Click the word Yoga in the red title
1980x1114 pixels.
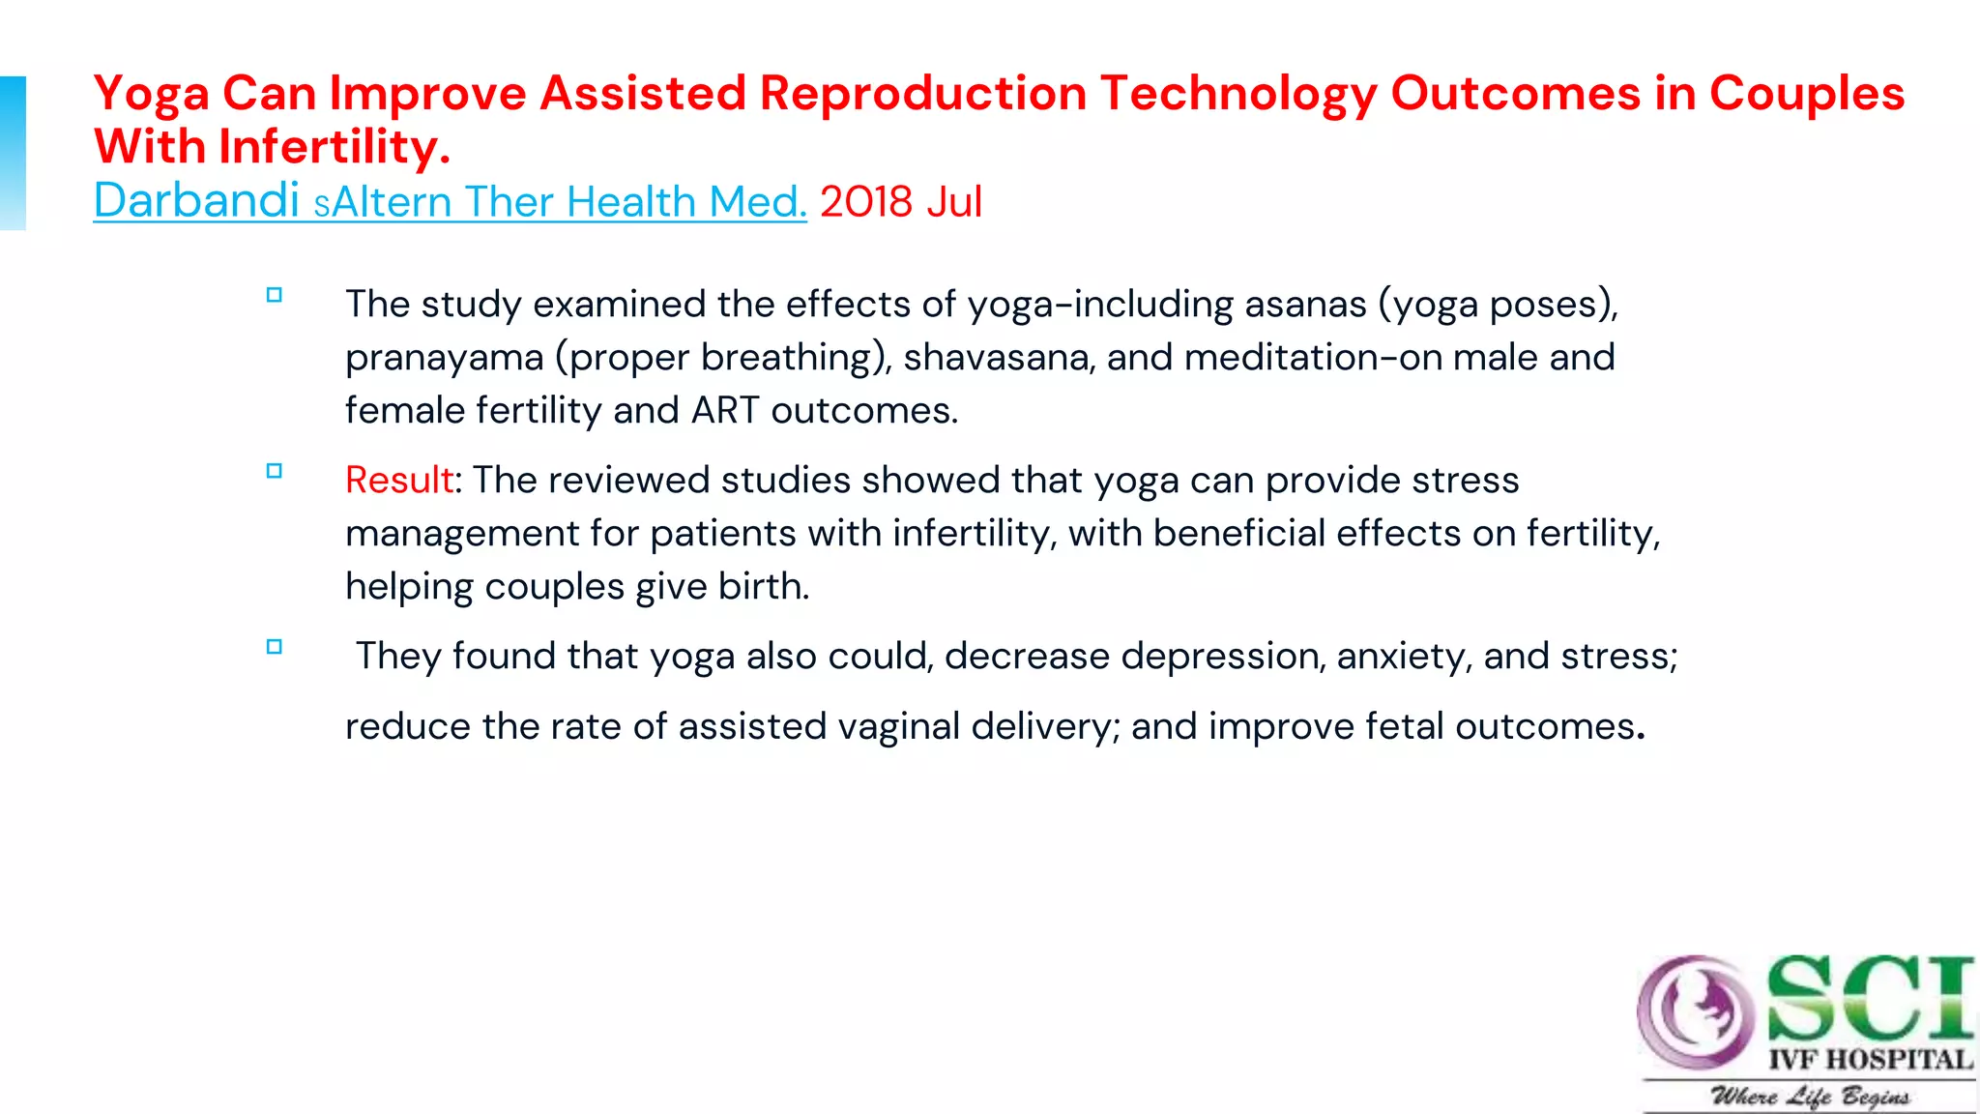pos(151,95)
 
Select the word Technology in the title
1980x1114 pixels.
pos(1237,95)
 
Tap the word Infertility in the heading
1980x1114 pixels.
pos(335,148)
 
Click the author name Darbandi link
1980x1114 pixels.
pos(196,201)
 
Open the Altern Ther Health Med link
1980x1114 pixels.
pos(568,202)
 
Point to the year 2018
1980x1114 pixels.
pos(866,202)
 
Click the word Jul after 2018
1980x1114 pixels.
pos(954,202)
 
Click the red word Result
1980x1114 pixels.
pos(399,481)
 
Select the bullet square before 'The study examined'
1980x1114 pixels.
pos(275,296)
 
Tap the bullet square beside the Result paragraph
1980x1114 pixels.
pos(275,472)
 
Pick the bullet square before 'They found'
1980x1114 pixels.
pos(275,648)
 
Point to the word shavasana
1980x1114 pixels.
pos(999,358)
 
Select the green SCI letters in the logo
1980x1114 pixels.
pos(1869,997)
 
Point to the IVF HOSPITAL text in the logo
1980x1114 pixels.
pos(1871,1060)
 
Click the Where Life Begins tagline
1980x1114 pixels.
pos(1810,1097)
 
